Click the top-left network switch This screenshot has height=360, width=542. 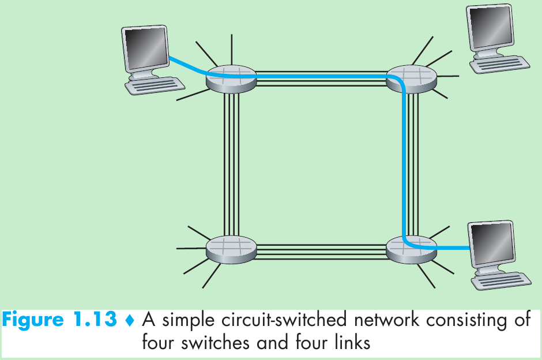click(x=231, y=78)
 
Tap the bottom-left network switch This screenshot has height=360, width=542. click(x=231, y=249)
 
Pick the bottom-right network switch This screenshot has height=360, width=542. click(x=411, y=249)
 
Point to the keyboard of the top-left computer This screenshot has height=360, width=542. click(x=154, y=85)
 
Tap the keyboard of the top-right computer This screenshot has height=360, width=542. click(x=500, y=64)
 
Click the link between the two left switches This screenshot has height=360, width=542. click(x=231, y=164)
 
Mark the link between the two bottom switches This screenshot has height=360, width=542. click(x=321, y=249)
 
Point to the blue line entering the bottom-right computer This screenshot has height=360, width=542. click(x=453, y=249)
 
